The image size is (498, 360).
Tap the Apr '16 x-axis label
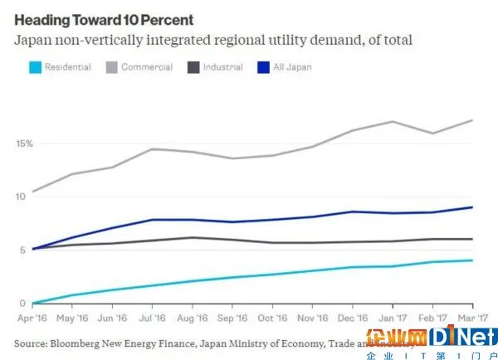click(x=33, y=316)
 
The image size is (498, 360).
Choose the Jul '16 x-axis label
click(x=150, y=316)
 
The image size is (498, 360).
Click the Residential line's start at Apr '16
click(x=33, y=303)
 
